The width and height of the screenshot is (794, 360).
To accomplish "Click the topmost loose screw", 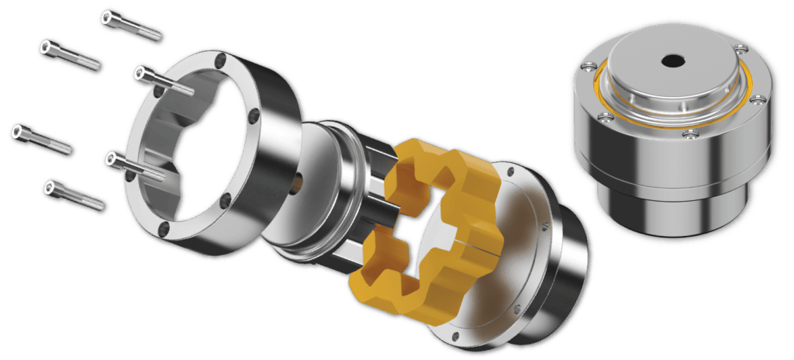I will click(x=129, y=25).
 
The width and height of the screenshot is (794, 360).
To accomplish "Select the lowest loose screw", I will click(x=74, y=195).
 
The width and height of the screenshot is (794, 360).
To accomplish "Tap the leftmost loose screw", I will click(x=43, y=138).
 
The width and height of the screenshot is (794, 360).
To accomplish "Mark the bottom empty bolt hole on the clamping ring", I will click(x=163, y=228).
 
